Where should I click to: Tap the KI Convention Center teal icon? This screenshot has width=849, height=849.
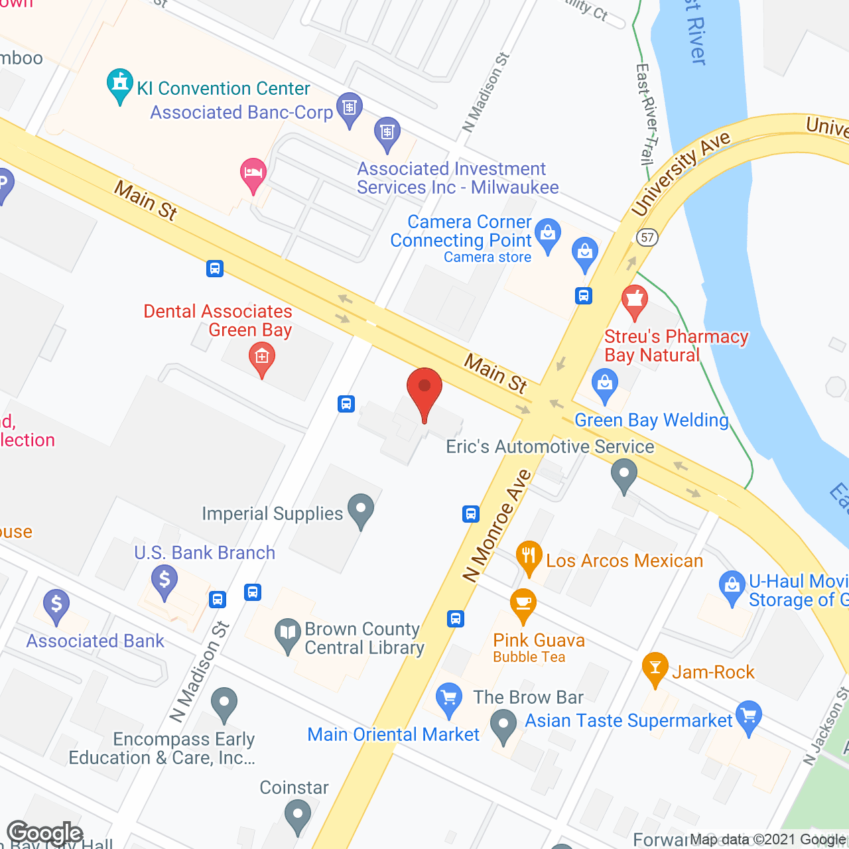[120, 84]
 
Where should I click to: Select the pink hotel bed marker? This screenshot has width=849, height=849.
[253, 173]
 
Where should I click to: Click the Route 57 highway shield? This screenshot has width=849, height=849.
[647, 237]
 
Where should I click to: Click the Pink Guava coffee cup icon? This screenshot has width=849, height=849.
[523, 603]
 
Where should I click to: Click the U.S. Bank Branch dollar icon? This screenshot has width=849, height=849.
[164, 580]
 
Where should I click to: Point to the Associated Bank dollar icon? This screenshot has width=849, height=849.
[56, 604]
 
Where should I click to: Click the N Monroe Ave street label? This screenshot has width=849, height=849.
[497, 525]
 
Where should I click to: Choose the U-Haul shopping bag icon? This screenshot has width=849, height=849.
[732, 586]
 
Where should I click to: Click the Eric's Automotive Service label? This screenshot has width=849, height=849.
[550, 446]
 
